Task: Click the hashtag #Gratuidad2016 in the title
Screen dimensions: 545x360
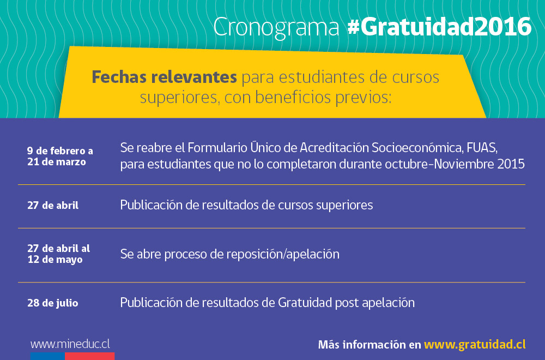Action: (x=439, y=27)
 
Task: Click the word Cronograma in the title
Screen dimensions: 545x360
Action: (x=276, y=27)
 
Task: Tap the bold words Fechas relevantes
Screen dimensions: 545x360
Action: (x=164, y=77)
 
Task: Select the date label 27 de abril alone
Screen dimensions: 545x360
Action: (x=53, y=205)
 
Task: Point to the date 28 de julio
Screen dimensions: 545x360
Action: (x=53, y=303)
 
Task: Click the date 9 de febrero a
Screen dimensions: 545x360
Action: (x=60, y=151)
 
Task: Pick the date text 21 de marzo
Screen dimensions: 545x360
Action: (x=57, y=162)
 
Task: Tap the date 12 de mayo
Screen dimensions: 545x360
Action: (x=55, y=260)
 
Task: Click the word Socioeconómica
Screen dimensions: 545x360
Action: (x=417, y=147)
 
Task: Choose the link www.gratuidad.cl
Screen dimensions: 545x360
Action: (x=475, y=344)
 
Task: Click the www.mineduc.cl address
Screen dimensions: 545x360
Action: (x=70, y=344)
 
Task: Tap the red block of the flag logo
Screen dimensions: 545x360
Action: (x=90, y=356)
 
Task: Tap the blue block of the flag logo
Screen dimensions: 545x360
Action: (x=47, y=356)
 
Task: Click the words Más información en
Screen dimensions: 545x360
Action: (x=370, y=344)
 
